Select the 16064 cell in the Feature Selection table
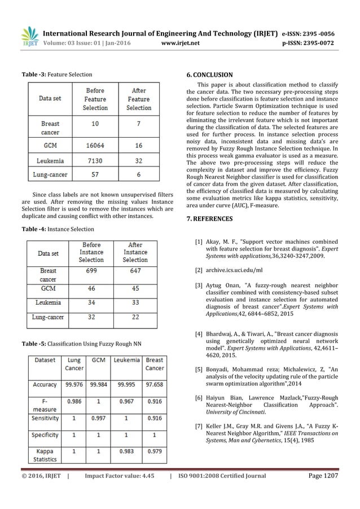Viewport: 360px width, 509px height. click(96, 145)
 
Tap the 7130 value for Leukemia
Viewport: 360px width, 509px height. click(96, 160)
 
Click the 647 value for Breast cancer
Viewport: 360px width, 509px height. click(135, 271)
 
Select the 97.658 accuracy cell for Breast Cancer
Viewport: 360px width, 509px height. click(155, 384)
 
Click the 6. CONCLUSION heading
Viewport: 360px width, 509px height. click(209, 74)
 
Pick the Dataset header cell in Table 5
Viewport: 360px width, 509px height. click(45, 359)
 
